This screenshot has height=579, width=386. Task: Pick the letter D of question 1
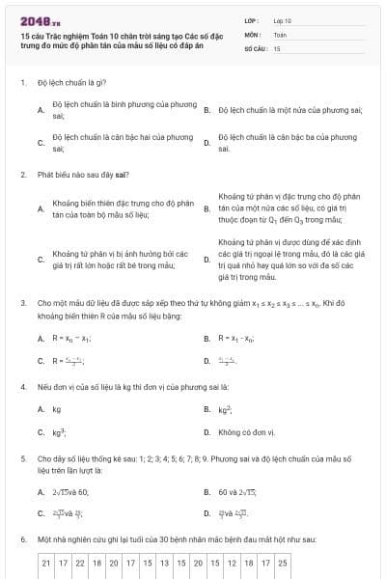click(207, 143)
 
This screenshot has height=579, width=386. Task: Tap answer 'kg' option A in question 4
click(56, 409)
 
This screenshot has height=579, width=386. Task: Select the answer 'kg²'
click(223, 409)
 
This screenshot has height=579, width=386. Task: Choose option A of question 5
click(69, 491)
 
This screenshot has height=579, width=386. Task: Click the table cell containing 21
click(46, 562)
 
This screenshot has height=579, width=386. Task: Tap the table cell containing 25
click(282, 562)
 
